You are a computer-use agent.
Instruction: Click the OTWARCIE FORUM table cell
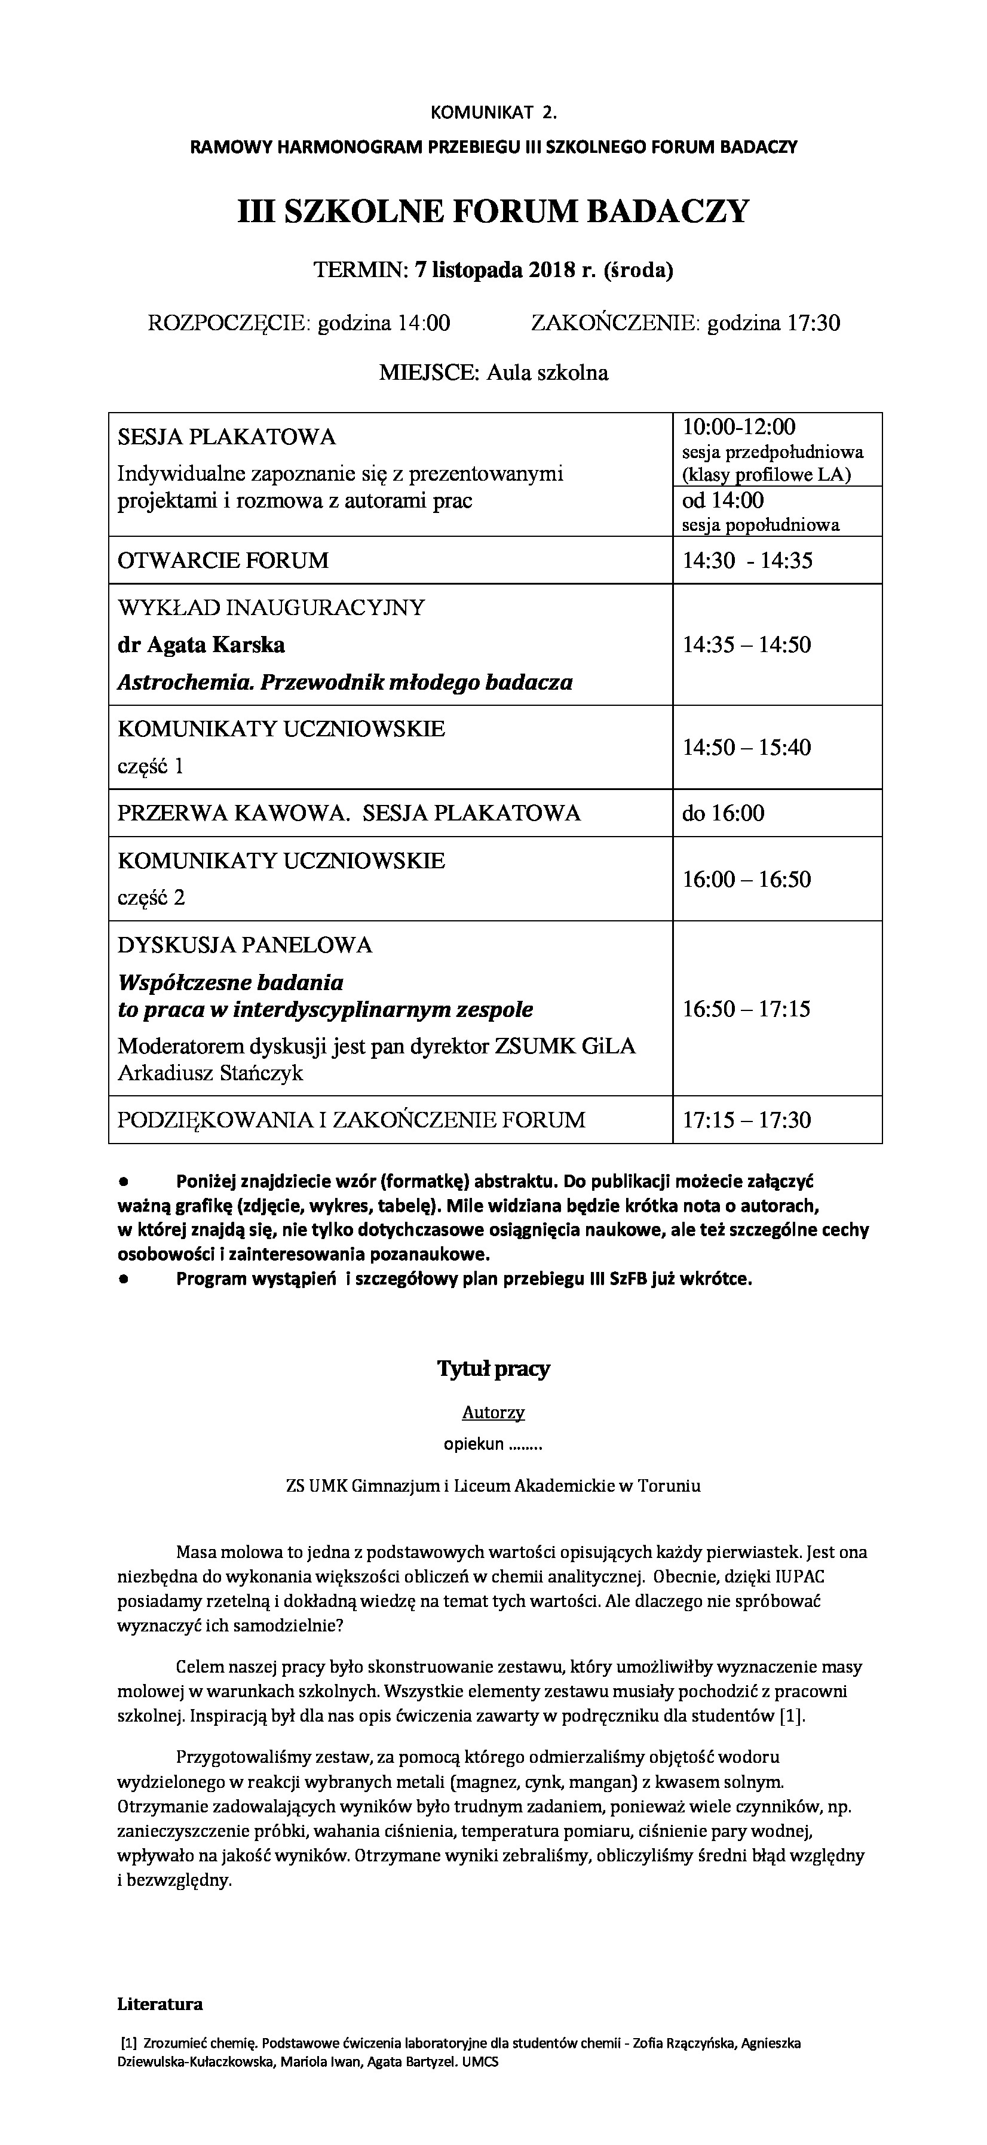(x=223, y=560)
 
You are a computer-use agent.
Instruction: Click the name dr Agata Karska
(x=201, y=644)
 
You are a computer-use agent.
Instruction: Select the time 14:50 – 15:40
(x=746, y=747)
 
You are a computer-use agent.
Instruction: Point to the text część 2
(x=151, y=897)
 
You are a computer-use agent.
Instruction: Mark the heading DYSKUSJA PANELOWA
(x=245, y=945)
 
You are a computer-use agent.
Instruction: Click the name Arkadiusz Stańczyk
(x=210, y=1072)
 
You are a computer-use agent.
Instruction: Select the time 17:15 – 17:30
(x=746, y=1119)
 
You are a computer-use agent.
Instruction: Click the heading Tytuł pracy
(x=493, y=1369)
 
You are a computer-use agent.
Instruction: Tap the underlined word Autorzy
(x=493, y=1412)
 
